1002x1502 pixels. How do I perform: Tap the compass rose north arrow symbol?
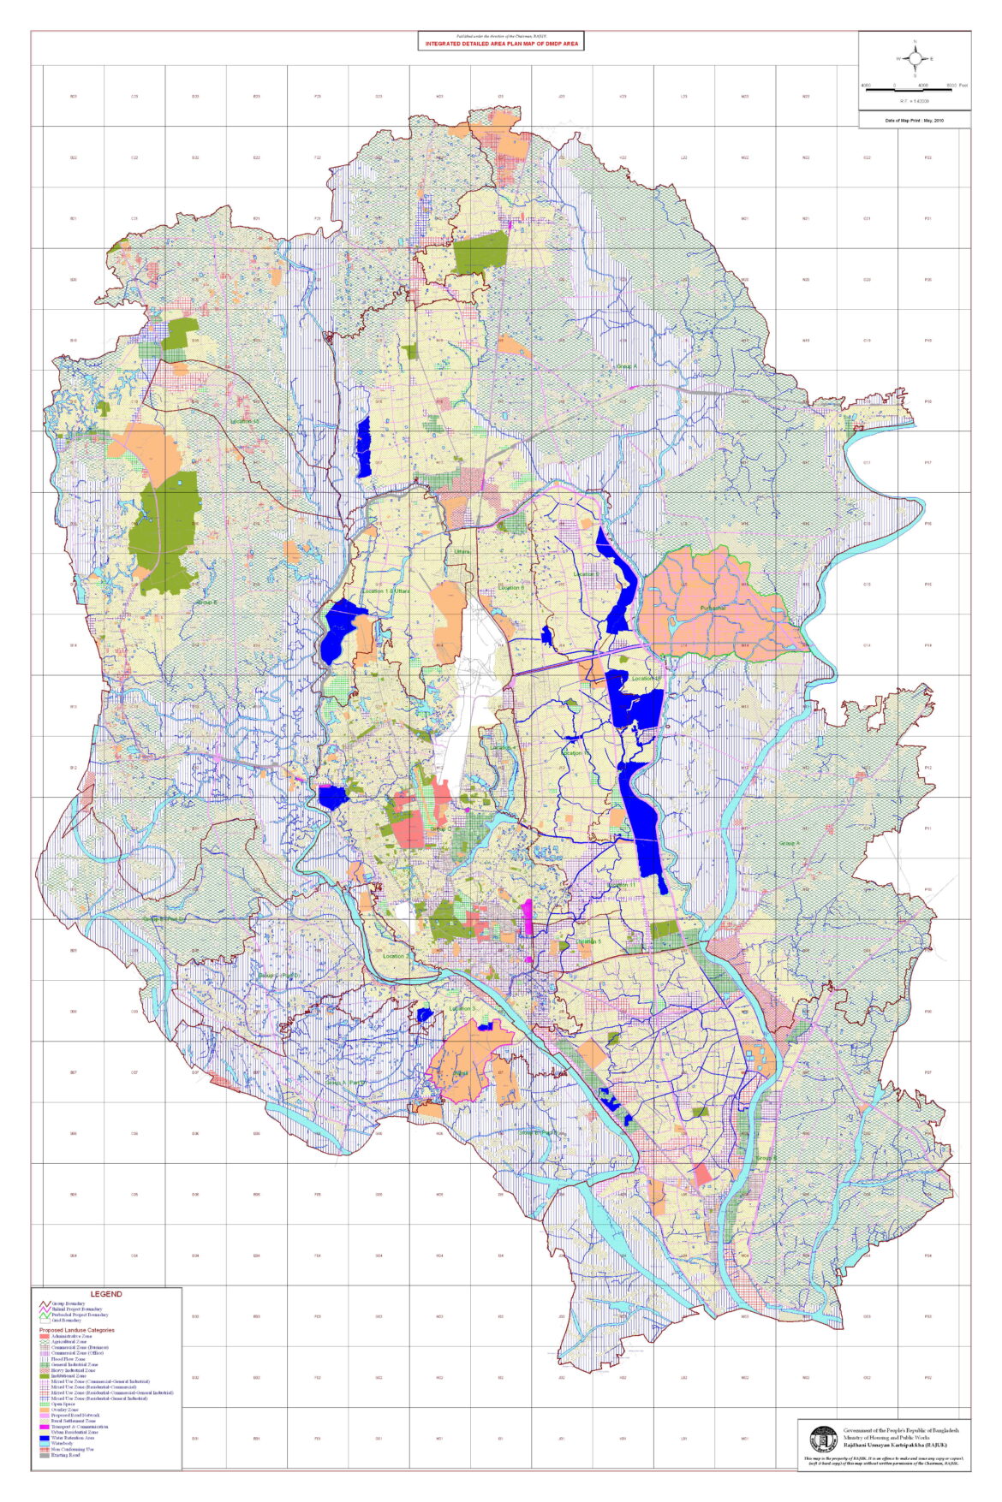click(x=915, y=58)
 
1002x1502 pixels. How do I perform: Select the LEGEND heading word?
click(x=106, y=1294)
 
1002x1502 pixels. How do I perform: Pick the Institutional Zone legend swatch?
click(x=45, y=1376)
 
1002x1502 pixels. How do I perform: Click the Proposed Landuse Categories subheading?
click(x=77, y=1330)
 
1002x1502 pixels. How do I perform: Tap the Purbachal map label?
click(x=713, y=608)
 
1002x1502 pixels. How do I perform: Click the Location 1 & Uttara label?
click(x=386, y=591)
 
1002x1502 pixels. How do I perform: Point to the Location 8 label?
click(x=511, y=588)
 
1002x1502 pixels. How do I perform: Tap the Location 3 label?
click(x=462, y=1008)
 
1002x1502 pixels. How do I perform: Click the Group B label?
click(x=766, y=1158)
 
